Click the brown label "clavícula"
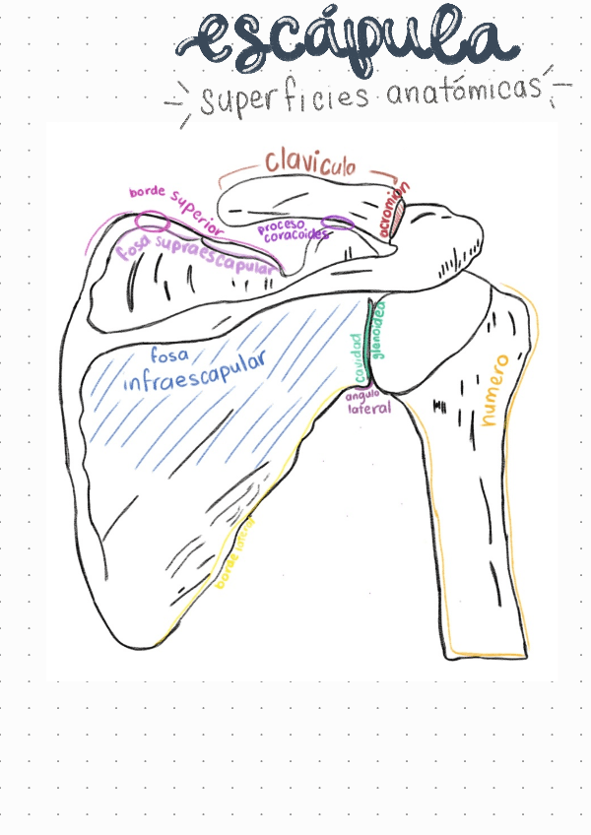pyautogui.click(x=309, y=163)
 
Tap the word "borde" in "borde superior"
pyautogui.click(x=148, y=192)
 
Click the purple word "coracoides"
pyautogui.click(x=295, y=236)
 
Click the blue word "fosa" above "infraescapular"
pyautogui.click(x=168, y=352)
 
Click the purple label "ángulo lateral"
pyautogui.click(x=368, y=402)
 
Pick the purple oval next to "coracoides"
pyautogui.click(x=338, y=224)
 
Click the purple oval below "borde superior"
pyautogui.click(x=151, y=220)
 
